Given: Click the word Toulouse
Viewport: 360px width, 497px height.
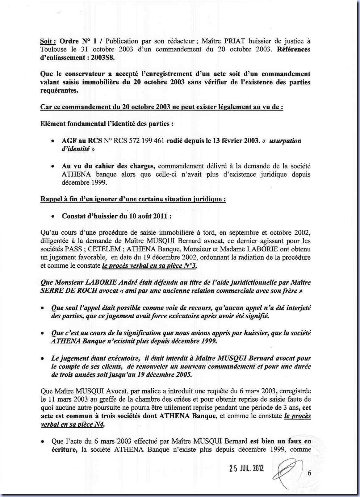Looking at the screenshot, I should pos(52,49).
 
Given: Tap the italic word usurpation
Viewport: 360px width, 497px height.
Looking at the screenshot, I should pos(285,141).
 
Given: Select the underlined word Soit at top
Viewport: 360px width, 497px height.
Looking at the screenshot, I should pos(48,41).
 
